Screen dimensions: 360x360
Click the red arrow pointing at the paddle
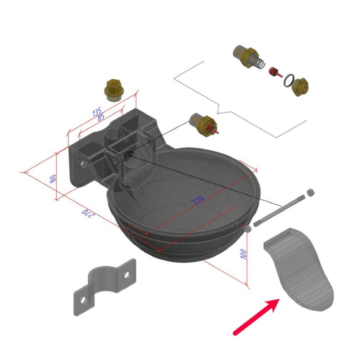click(x=256, y=317)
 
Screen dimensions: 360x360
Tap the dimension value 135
click(x=97, y=112)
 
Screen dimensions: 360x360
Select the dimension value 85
click(x=101, y=117)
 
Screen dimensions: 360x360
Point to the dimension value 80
click(x=53, y=179)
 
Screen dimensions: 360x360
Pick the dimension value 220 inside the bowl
click(x=198, y=200)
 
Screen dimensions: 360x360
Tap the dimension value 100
click(x=243, y=254)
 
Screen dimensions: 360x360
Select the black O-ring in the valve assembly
click(x=288, y=81)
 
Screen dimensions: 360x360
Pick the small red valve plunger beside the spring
click(x=274, y=72)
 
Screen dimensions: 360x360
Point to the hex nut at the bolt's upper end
click(x=310, y=193)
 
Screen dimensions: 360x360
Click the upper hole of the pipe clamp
click(x=126, y=274)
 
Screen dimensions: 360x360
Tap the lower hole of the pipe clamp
click(x=83, y=300)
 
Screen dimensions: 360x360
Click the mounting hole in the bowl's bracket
click(x=81, y=163)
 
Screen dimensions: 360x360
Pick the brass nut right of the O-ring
click(x=300, y=86)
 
